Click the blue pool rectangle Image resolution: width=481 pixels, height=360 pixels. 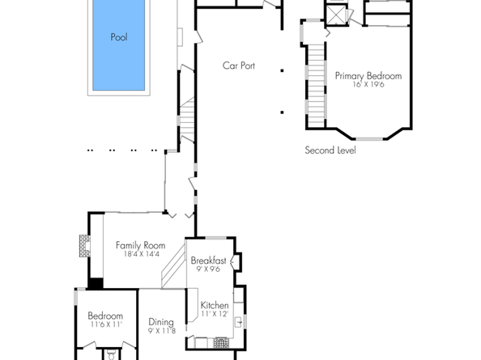point(119,44)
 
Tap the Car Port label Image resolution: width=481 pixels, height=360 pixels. point(239,66)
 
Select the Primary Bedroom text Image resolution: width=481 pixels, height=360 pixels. point(368,76)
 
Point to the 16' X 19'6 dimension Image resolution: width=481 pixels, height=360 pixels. point(368,84)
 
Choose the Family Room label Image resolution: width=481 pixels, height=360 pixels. point(140,245)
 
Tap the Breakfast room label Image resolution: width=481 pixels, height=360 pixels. point(208,260)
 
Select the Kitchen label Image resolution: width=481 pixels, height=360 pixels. point(215,306)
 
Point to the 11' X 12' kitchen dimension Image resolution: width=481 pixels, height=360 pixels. point(215,314)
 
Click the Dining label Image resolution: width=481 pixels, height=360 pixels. point(161,321)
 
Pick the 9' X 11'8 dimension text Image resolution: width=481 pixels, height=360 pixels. point(161,330)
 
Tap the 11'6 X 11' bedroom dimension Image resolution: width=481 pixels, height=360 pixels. point(105,324)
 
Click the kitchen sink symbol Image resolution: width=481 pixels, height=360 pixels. point(239,323)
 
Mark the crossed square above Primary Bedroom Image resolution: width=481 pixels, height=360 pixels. point(336,15)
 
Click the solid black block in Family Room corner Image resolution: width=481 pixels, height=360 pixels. point(96,283)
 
